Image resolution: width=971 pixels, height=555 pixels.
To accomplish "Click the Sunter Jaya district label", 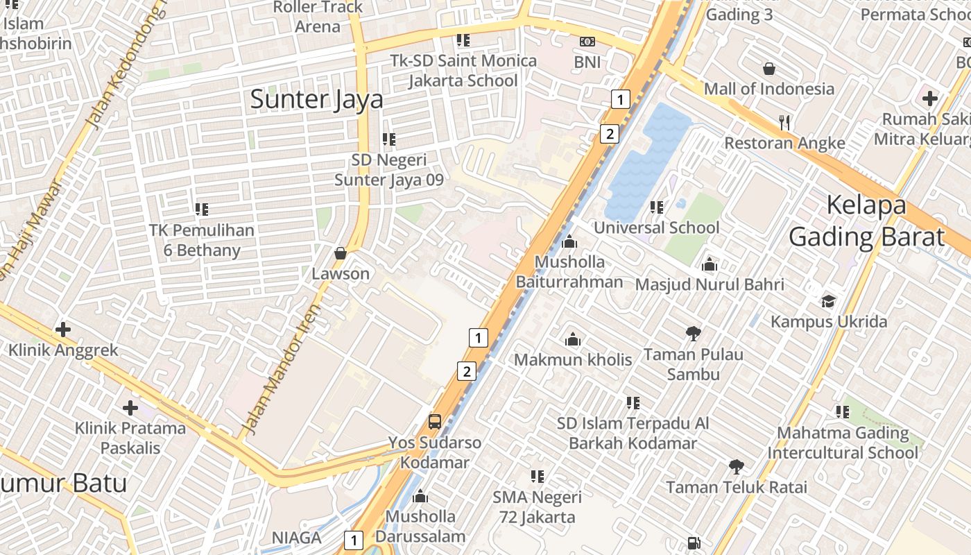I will [x=316, y=99].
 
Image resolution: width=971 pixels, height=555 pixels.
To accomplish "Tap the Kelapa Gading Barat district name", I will [x=866, y=221].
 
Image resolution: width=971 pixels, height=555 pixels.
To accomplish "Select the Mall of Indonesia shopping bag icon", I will [x=768, y=69].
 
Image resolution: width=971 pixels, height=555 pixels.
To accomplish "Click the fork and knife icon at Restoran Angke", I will [x=784, y=123].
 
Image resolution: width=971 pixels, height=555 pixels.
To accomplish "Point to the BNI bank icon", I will [x=587, y=42].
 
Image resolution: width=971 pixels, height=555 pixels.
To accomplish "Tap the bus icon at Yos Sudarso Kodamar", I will [x=435, y=421].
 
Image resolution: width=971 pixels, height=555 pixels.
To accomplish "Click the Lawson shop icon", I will [x=340, y=253].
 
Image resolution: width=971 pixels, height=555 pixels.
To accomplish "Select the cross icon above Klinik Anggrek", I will [x=63, y=329].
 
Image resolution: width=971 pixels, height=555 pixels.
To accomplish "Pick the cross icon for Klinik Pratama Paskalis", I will [x=130, y=408].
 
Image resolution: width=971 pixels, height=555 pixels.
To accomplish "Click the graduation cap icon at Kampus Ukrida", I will [x=828, y=301].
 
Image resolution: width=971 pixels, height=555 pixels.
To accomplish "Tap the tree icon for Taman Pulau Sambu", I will [x=693, y=334].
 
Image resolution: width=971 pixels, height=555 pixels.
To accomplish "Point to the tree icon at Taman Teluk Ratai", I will [x=736, y=467].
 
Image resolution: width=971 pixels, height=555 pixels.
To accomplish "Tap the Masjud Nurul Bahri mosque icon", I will [x=709, y=264].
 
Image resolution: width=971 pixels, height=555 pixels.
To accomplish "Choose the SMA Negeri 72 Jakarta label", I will [x=537, y=507].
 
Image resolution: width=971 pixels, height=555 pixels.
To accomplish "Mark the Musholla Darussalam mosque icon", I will [x=420, y=497].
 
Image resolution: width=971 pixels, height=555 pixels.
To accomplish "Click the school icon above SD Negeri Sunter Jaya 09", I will [x=388, y=139].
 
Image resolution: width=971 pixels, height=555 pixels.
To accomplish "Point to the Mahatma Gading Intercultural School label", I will [x=842, y=443].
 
